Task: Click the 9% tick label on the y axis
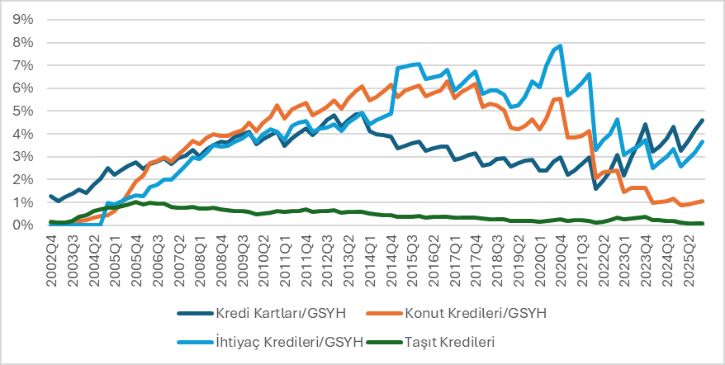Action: click(23, 19)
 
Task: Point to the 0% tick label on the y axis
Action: click(23, 225)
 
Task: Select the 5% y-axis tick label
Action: click(23, 111)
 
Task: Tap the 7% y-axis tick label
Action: click(23, 64)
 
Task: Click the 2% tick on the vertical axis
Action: click(23, 179)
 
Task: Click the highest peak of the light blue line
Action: click(562, 45)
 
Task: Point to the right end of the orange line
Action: click(702, 201)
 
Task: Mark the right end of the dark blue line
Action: click(702, 121)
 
